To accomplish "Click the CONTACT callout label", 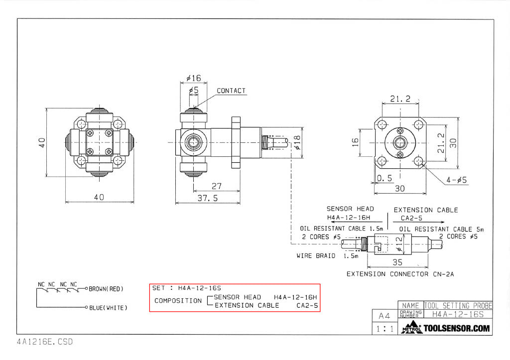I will point(231,91).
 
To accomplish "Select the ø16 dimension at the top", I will point(193,78).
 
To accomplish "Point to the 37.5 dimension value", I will point(209,198).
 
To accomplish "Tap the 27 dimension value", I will point(217,186).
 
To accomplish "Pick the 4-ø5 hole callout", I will point(455,180).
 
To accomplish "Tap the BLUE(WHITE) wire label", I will point(108,308).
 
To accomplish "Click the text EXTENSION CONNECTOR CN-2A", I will point(400,274).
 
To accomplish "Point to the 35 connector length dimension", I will point(397,262).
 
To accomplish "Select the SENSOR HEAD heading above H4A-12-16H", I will point(350,209).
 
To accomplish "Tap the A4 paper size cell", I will point(384,316).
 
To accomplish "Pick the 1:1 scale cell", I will point(384,329).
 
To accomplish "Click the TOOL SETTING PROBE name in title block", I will point(458,305).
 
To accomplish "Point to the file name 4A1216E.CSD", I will point(44,342).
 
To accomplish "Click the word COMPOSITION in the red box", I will point(177,301).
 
